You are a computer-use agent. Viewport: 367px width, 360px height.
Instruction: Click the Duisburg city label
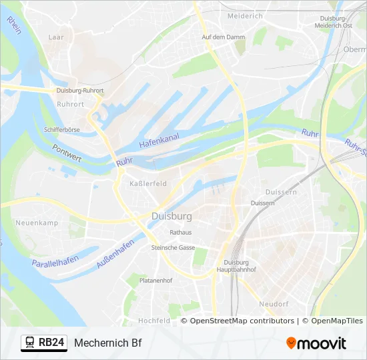[x=171, y=217]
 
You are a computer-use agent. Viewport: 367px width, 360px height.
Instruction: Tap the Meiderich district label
[x=246, y=15]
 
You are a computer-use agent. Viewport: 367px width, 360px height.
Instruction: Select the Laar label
[x=56, y=37]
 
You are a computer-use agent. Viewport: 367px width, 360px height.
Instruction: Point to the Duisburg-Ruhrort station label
[x=79, y=90]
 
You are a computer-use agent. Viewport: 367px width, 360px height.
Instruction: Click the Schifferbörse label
[x=62, y=129]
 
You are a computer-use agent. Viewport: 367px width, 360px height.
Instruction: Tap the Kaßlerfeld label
[x=148, y=183]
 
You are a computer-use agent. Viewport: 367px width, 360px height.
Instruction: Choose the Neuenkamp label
[x=37, y=223]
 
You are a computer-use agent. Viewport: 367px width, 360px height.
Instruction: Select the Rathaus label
[x=181, y=233]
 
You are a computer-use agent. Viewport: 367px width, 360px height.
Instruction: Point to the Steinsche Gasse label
[x=173, y=247]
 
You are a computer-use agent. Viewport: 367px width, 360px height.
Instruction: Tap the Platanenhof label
[x=156, y=281]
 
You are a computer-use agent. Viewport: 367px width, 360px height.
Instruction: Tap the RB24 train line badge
[x=44, y=343]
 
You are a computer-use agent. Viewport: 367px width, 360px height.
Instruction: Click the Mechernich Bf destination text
[x=108, y=343]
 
